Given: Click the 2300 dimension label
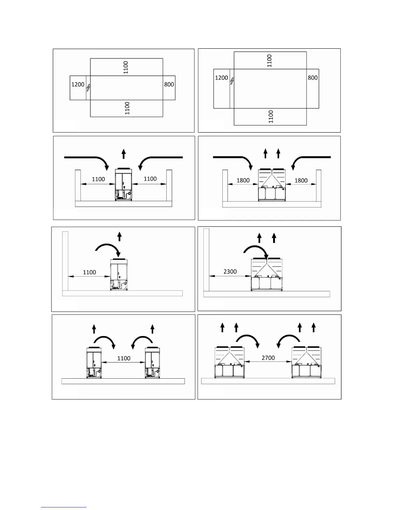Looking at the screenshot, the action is point(230,271).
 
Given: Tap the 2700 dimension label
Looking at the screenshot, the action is point(268,357).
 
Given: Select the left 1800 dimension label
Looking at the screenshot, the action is point(243,180).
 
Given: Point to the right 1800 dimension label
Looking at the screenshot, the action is point(301,180).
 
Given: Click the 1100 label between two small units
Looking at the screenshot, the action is point(124,358).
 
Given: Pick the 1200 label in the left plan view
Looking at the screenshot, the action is point(78,84).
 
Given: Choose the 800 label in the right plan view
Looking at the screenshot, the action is point(313,78).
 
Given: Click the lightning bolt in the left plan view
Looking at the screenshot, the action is point(89,87).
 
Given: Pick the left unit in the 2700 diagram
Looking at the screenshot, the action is point(230,362).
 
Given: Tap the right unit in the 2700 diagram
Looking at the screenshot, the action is point(306,362).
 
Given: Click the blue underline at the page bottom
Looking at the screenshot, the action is point(64,507).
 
